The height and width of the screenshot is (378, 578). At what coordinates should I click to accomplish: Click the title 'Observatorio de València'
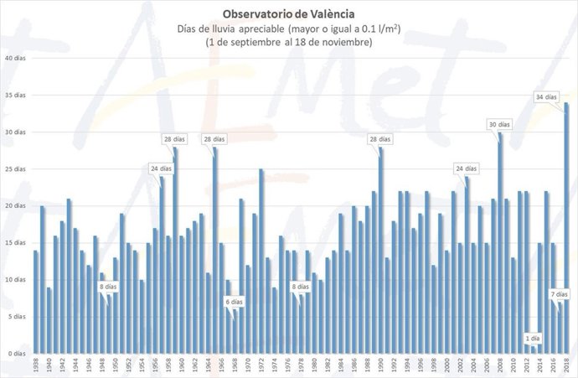click(288, 13)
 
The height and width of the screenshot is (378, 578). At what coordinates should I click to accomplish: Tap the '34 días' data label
click(546, 97)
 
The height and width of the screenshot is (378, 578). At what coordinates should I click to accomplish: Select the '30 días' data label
click(499, 124)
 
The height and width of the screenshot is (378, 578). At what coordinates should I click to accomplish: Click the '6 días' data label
click(234, 301)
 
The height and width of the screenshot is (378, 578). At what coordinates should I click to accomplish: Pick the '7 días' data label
click(560, 294)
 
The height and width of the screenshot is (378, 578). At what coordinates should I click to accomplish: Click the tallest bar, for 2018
click(567, 226)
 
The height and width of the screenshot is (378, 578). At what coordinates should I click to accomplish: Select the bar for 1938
click(36, 302)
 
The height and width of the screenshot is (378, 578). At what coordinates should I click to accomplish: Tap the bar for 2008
click(501, 243)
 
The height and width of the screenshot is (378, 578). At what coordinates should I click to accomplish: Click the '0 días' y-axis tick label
click(17, 354)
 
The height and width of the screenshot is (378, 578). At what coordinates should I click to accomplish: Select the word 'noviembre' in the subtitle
click(343, 42)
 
